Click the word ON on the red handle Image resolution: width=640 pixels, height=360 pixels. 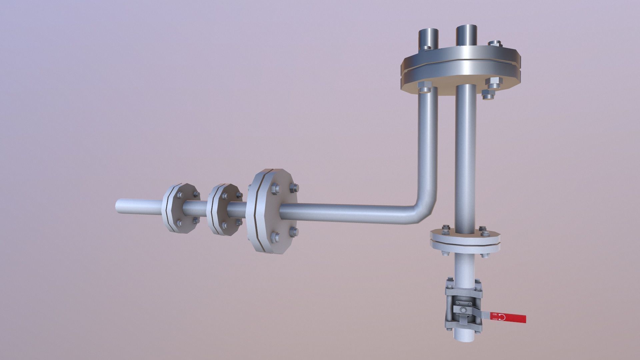(495, 314)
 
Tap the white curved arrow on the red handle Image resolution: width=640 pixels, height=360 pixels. (502, 317)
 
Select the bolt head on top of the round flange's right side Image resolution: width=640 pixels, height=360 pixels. (495, 43)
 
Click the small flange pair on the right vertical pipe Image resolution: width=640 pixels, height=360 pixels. (465, 239)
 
